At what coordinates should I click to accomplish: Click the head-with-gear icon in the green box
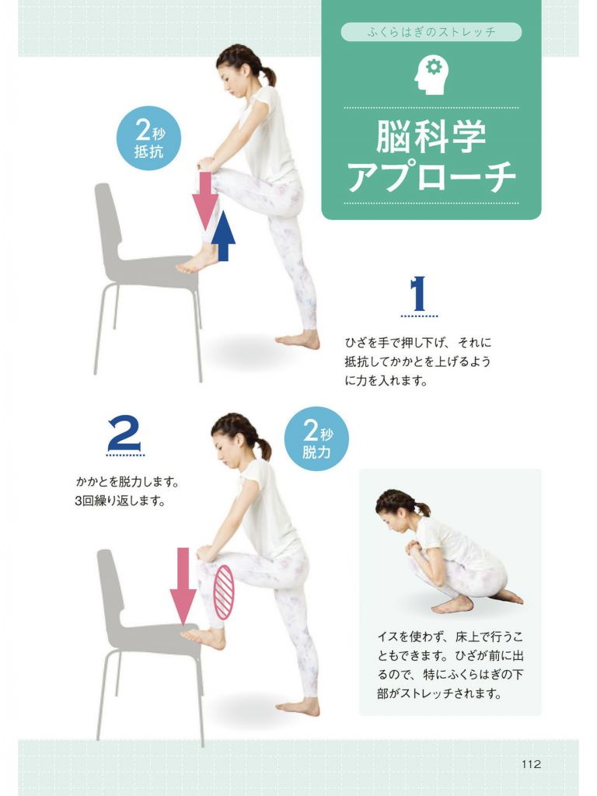pyautogui.click(x=431, y=75)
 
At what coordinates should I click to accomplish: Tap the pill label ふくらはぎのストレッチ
pyautogui.click(x=431, y=32)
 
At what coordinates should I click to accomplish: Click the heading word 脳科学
pyautogui.click(x=431, y=137)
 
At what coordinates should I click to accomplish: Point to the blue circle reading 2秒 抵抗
pyautogui.click(x=148, y=138)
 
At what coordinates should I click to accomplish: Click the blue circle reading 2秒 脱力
pyautogui.click(x=317, y=438)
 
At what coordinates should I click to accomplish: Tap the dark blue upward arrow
pyautogui.click(x=223, y=236)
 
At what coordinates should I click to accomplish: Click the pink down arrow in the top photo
pyautogui.click(x=205, y=201)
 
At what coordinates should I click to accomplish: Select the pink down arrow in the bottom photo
pyautogui.click(x=183, y=586)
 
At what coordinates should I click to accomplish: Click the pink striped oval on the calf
pyautogui.click(x=224, y=592)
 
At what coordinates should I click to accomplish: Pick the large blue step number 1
pyautogui.click(x=418, y=294)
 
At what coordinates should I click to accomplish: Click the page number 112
pyautogui.click(x=531, y=764)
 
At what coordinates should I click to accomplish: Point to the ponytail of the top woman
pyautogui.click(x=269, y=76)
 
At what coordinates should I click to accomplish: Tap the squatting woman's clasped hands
pyautogui.click(x=414, y=548)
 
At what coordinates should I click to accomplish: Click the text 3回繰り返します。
pyautogui.click(x=120, y=501)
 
